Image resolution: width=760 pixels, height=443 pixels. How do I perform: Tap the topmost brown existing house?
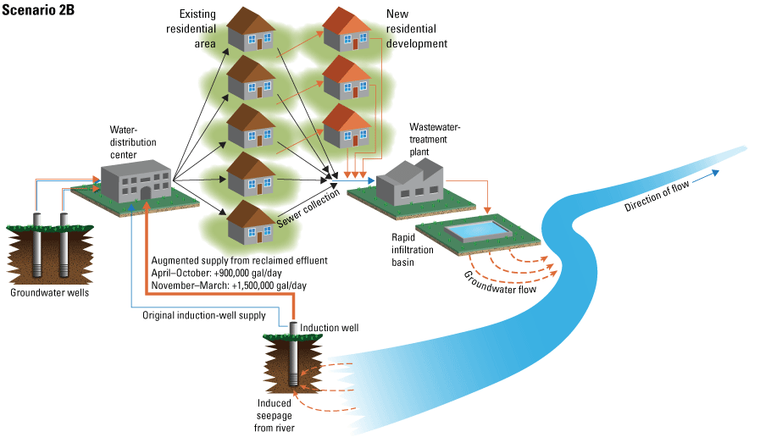[253, 30]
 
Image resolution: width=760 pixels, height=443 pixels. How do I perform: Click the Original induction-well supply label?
[203, 316]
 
